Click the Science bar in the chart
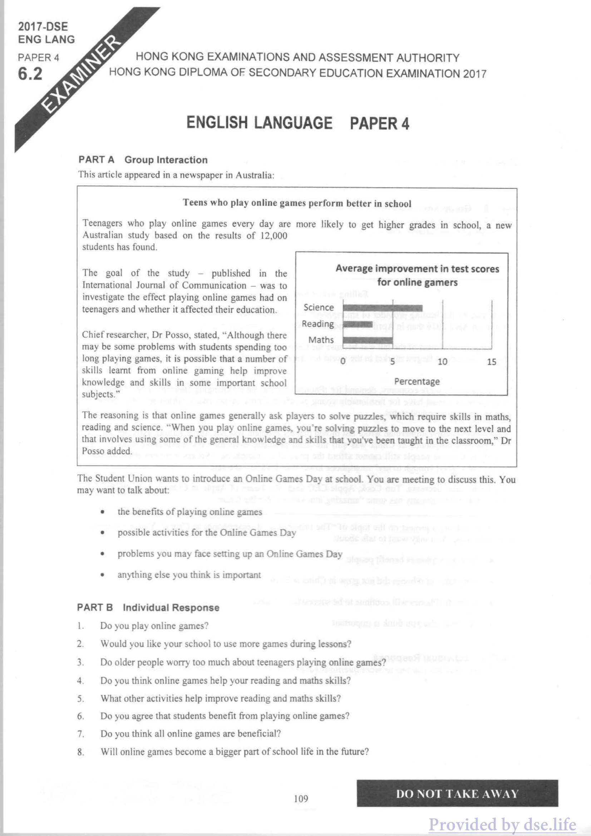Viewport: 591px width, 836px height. click(382, 308)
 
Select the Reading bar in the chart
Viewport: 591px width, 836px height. click(357, 324)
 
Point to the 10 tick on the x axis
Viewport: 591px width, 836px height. click(442, 362)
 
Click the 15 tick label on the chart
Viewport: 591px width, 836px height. click(492, 362)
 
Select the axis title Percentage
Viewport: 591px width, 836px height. click(417, 382)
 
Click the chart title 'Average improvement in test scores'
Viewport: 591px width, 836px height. click(417, 269)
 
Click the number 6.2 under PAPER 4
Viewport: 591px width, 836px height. click(30, 74)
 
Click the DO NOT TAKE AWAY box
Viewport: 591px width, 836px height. click(457, 794)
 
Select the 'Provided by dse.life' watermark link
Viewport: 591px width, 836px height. click(503, 825)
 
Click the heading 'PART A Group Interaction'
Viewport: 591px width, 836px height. click(143, 160)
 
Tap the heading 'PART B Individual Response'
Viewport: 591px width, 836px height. click(148, 608)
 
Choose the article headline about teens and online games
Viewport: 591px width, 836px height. click(297, 203)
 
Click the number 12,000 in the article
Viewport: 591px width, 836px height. click(274, 236)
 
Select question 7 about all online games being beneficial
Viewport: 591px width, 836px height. click(191, 733)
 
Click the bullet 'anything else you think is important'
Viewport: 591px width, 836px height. click(189, 575)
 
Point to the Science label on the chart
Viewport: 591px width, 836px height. click(319, 308)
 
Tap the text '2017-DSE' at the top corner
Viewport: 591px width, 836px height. click(43, 26)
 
